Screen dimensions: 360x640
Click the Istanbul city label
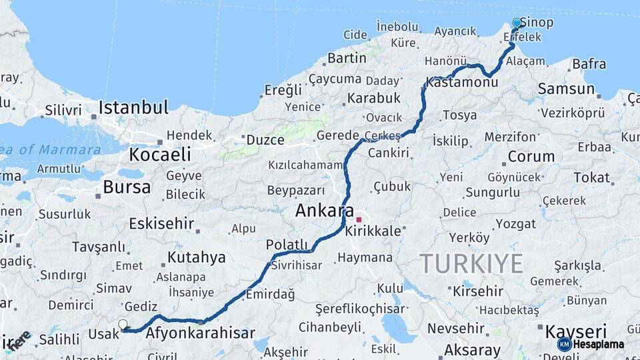[x=133, y=107]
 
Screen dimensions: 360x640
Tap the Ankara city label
[x=325, y=211]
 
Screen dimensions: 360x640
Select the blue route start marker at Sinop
[x=517, y=23]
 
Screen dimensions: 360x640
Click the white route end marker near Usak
[x=123, y=324]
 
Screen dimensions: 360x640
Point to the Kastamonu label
[x=462, y=83]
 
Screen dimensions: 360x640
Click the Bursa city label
[x=127, y=187]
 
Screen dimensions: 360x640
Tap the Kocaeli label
[x=160, y=155]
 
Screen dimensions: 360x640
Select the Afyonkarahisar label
[x=200, y=333]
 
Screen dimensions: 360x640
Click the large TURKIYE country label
[x=471, y=264]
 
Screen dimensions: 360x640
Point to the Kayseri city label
[x=576, y=331]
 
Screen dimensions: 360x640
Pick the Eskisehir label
[x=161, y=223]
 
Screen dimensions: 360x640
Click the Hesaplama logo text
[x=598, y=344]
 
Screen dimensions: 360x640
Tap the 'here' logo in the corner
[x=19, y=340]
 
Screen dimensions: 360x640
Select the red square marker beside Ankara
[x=359, y=219]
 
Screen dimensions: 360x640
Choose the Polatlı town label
[x=287, y=245]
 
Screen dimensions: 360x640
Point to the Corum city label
[x=531, y=157]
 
